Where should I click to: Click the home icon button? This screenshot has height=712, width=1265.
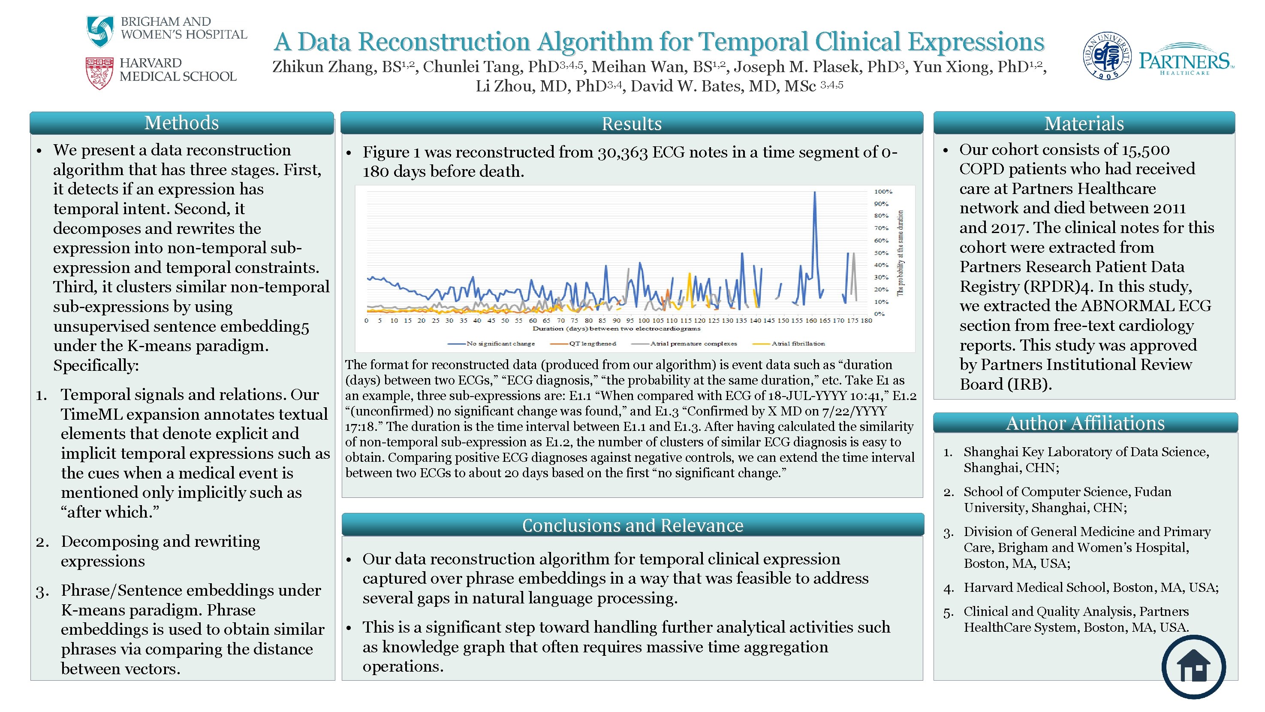tap(1193, 667)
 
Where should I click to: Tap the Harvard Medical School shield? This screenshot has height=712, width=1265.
tap(99, 73)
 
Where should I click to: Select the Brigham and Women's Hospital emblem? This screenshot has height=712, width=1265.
tap(100, 30)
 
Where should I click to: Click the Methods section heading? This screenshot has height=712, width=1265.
tap(181, 123)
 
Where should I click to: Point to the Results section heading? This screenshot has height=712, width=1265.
tap(632, 123)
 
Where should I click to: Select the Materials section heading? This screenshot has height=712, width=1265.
tap(1084, 123)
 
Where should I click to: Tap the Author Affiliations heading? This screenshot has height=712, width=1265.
tap(1085, 423)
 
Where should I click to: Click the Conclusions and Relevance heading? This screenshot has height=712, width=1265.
tap(632, 525)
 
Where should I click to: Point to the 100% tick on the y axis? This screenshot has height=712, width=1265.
tap(883, 192)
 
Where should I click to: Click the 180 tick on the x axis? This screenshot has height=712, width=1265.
tap(866, 320)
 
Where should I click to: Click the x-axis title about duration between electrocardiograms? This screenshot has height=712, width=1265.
tap(616, 328)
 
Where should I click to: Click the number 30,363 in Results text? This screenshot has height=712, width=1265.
tap(622, 152)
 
